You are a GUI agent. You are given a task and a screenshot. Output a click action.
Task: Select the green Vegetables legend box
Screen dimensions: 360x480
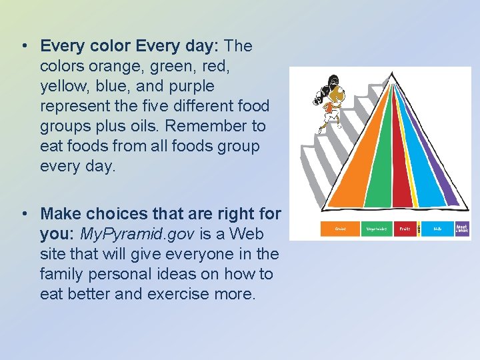coord(377,229)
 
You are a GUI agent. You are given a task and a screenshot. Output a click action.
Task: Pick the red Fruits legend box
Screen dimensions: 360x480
coord(405,229)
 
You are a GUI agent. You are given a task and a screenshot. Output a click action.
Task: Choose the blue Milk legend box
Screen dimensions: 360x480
coord(437,229)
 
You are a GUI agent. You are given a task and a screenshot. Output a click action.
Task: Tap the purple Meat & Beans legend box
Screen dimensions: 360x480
coord(462,229)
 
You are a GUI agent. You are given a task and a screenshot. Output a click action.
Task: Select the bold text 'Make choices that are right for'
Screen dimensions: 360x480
coord(161,214)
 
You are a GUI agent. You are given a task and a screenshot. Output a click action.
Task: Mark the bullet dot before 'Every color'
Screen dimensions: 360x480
coord(24,47)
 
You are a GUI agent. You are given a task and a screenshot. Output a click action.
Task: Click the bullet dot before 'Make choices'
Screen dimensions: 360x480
coord(24,215)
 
